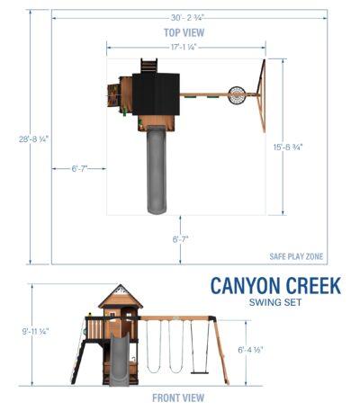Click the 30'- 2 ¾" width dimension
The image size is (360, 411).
coord(187,18)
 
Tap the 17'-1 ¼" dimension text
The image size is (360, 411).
coord(184,47)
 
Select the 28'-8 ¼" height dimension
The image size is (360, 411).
coord(33,139)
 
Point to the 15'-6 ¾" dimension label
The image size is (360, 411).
coord(288,147)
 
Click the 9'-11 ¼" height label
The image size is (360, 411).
coord(35,332)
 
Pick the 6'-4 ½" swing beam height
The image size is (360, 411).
coord(250,350)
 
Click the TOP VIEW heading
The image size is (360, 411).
coord(184,32)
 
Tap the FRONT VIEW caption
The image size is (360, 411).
coord(178,398)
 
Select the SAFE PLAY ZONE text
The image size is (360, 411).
coord(296,256)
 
